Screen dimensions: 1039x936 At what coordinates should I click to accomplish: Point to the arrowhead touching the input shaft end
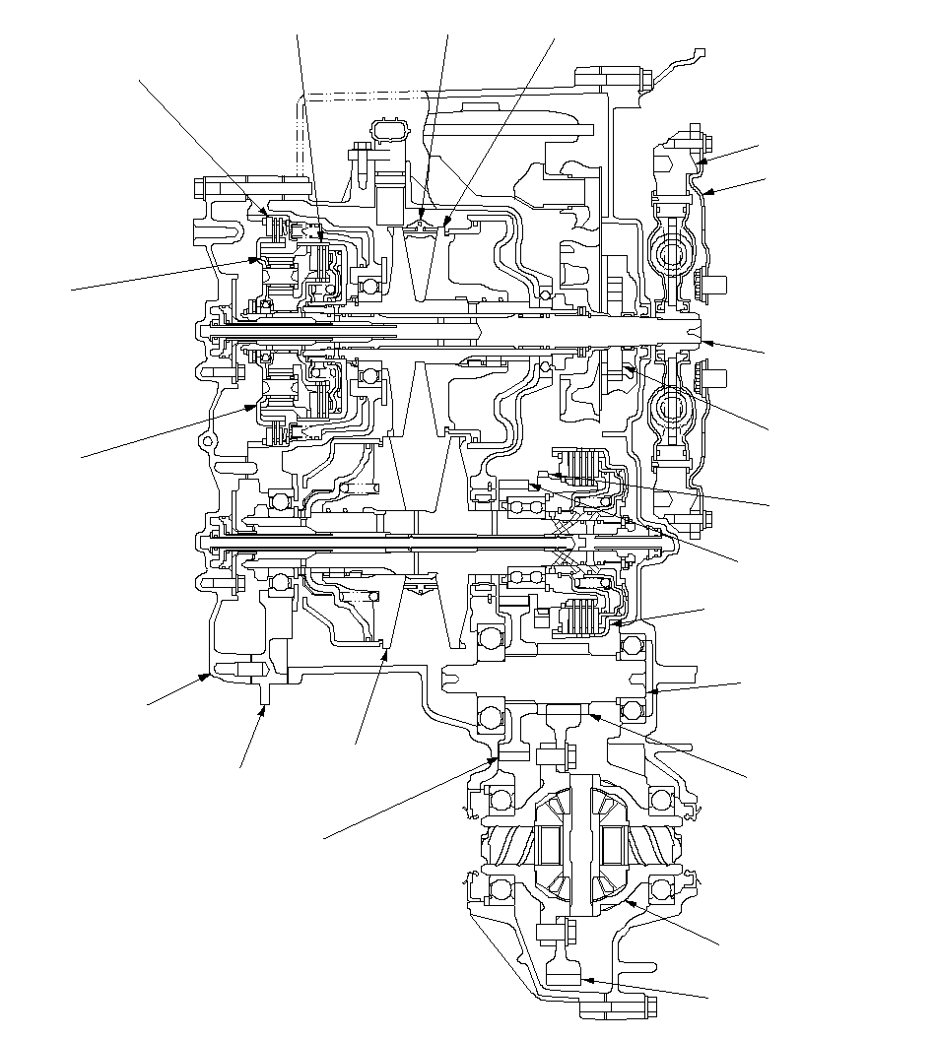[x=703, y=342]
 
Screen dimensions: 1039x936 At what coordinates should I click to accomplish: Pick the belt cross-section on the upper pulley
[x=422, y=227]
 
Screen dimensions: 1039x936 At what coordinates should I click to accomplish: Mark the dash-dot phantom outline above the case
[x=365, y=95]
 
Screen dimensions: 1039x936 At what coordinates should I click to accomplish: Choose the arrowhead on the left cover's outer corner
[x=207, y=676]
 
